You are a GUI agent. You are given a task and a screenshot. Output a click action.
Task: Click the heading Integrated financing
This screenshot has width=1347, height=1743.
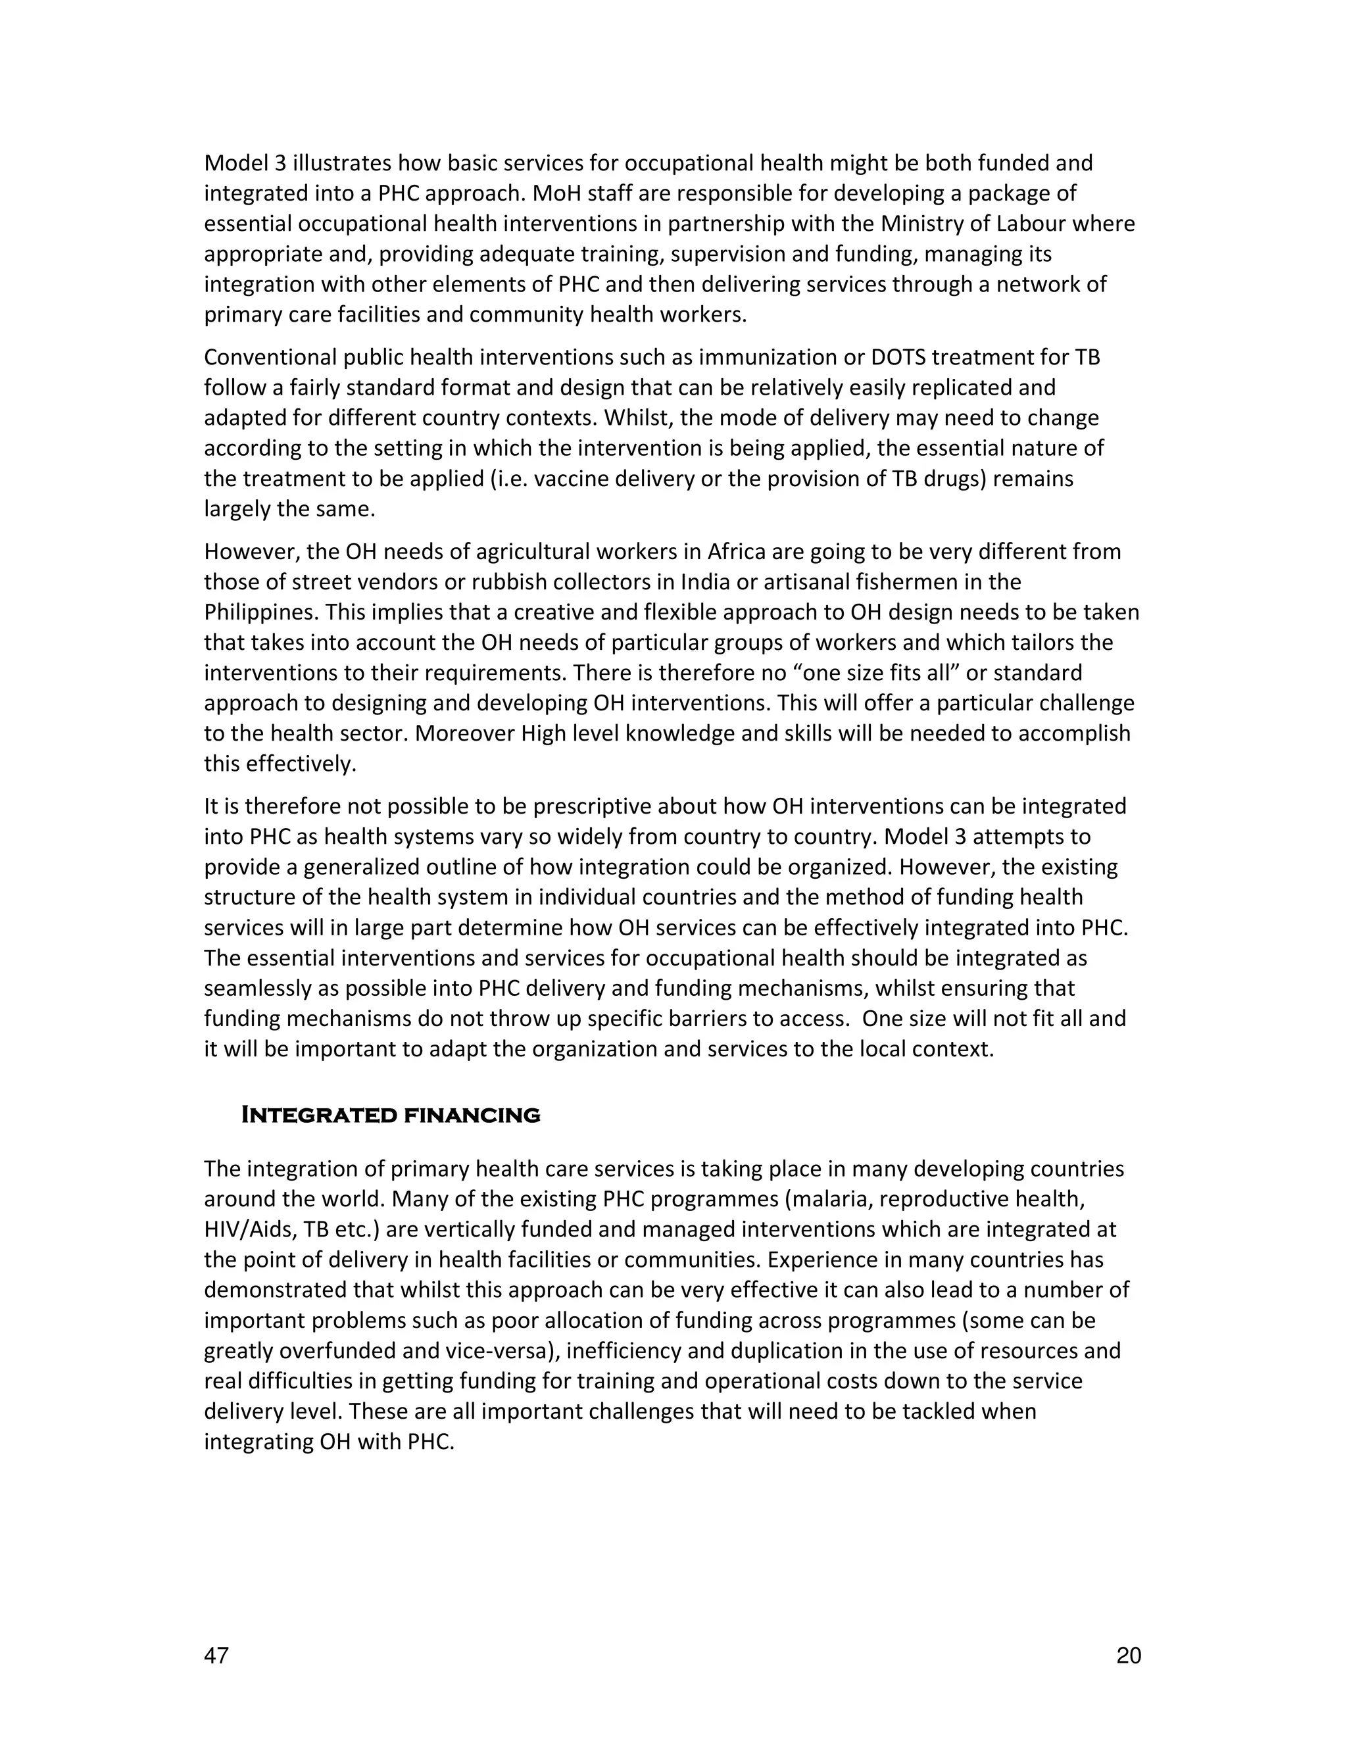click(x=390, y=1115)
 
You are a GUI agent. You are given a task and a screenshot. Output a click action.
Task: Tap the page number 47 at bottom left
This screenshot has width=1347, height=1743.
click(x=216, y=1656)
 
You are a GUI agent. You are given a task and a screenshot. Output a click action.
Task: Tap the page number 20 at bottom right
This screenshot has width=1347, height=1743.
click(x=1129, y=1656)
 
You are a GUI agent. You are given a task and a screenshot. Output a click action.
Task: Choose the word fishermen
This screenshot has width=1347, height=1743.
click(x=909, y=582)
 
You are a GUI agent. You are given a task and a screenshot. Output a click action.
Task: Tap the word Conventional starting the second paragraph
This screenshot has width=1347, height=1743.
click(x=270, y=358)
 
